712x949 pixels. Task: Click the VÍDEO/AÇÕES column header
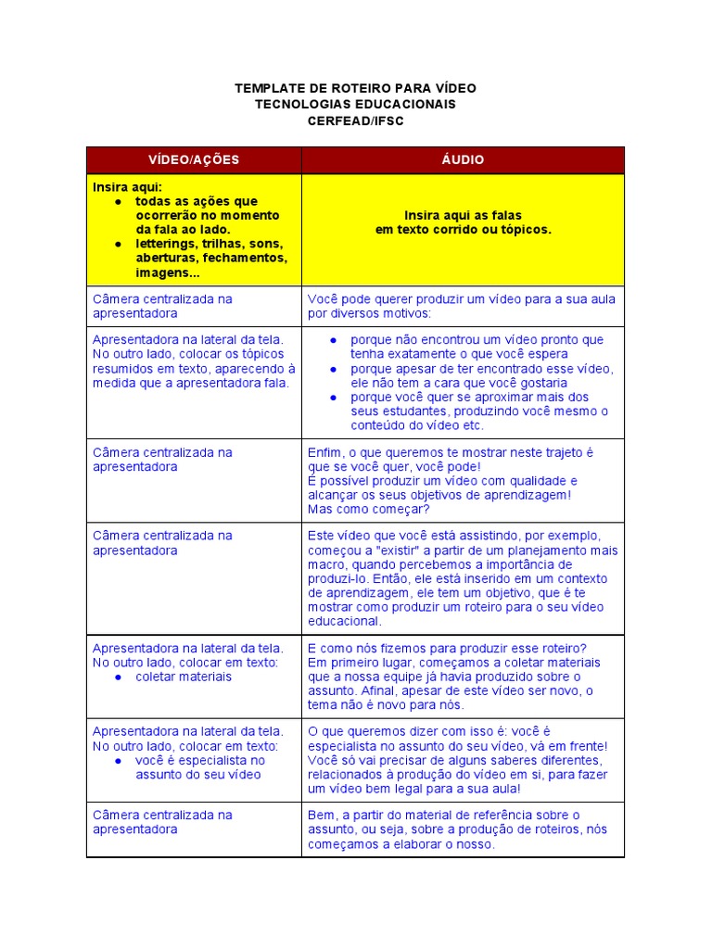(194, 160)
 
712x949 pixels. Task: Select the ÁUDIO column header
(463, 160)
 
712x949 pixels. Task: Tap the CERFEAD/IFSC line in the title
(355, 121)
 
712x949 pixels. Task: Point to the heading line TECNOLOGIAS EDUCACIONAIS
(355, 105)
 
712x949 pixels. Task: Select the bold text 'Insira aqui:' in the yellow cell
(127, 186)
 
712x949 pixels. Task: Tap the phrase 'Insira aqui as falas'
(463, 215)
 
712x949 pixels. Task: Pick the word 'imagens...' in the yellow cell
(166, 272)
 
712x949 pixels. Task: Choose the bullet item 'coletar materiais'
(184, 677)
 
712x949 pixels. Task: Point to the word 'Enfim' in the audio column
(324, 452)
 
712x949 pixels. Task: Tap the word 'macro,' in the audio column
(327, 564)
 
